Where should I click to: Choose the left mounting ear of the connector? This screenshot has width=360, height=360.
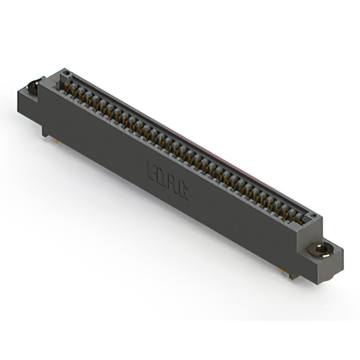tap(30, 98)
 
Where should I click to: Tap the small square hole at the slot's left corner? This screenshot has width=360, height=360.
tap(66, 74)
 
